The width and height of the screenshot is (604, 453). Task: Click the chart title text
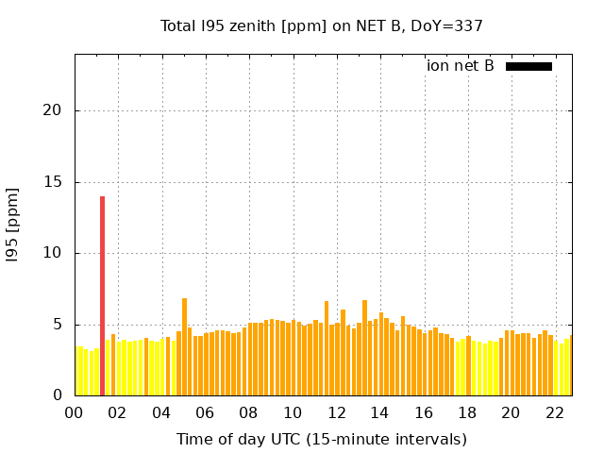click(x=321, y=25)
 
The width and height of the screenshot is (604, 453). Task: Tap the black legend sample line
click(x=528, y=66)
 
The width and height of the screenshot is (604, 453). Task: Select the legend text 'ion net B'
click(x=460, y=66)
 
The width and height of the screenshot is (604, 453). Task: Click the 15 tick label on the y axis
click(x=52, y=182)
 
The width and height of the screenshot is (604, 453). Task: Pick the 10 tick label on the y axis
click(x=52, y=253)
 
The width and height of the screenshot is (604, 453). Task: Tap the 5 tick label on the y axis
click(x=57, y=325)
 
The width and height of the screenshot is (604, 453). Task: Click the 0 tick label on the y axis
click(x=57, y=395)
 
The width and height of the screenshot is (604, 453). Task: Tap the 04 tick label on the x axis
click(x=161, y=412)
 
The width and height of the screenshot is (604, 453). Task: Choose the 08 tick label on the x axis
click(x=249, y=412)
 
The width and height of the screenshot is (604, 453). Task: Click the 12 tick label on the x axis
click(x=336, y=412)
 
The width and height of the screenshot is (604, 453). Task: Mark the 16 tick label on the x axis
click(x=424, y=412)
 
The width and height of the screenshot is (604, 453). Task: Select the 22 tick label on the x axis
click(x=555, y=412)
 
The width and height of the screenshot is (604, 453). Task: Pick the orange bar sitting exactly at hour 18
click(x=468, y=366)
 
